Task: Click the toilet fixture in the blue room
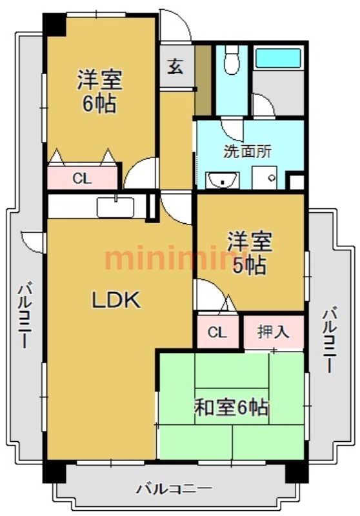(x=232, y=60)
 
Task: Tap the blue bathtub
(x=278, y=58)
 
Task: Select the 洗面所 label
(x=248, y=152)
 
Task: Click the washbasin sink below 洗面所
(x=223, y=180)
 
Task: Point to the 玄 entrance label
(x=175, y=66)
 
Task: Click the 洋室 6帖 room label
(x=99, y=91)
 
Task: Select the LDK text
(x=116, y=300)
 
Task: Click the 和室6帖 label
(x=232, y=408)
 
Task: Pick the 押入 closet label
(x=274, y=332)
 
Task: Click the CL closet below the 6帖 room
(x=83, y=178)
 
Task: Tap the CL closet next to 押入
(x=217, y=332)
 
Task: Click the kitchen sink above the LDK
(x=115, y=207)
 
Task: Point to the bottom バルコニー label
(x=174, y=489)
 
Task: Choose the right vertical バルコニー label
(x=329, y=339)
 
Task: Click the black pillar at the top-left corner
(x=55, y=25)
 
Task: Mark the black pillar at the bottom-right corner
(x=297, y=473)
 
